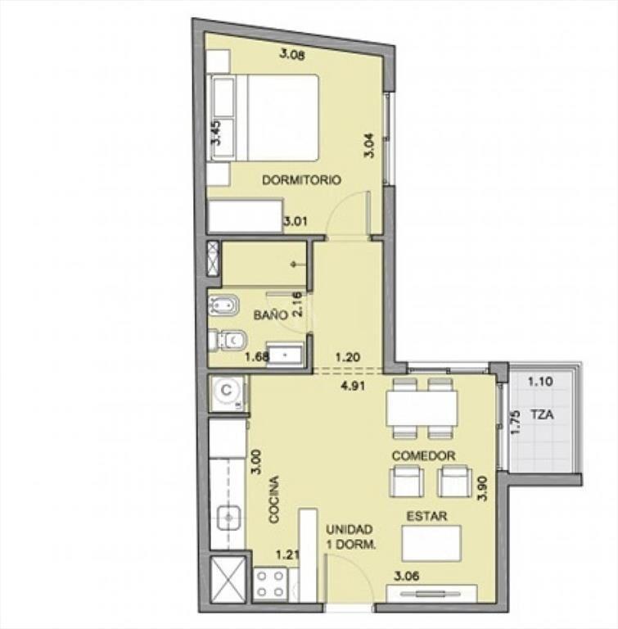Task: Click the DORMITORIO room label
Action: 301,179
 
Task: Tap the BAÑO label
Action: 271,314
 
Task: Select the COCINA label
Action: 274,500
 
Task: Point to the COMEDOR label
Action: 423,455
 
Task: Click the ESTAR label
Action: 426,516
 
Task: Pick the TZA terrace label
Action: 542,414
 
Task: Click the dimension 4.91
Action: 352,386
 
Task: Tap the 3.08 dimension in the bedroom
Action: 292,54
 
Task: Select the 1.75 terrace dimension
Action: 517,422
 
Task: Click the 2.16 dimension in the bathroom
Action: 297,304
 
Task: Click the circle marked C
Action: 227,390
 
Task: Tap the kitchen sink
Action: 229,518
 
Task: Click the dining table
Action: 422,409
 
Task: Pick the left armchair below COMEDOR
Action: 406,482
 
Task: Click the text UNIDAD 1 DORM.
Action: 350,537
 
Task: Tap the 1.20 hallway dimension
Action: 348,356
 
